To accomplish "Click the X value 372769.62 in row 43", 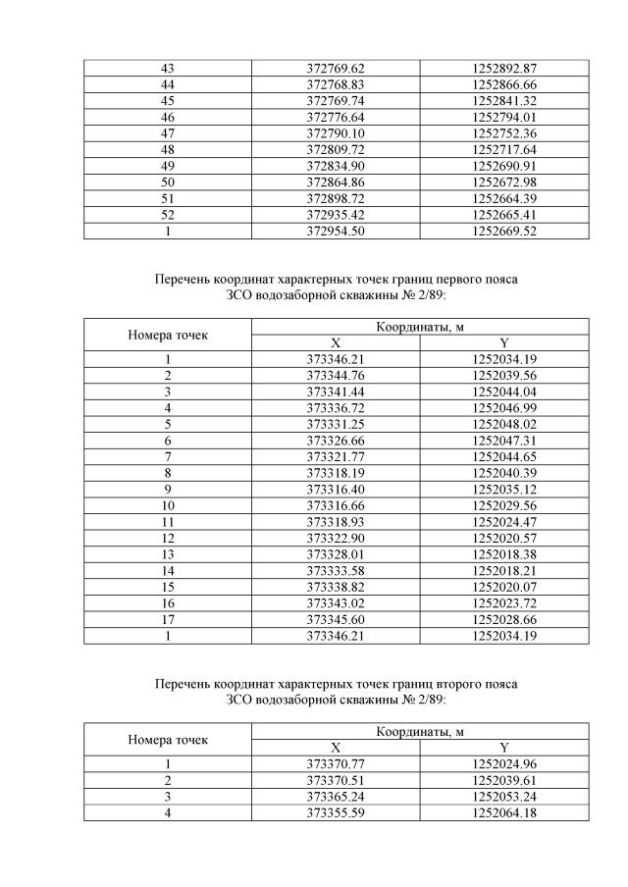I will tap(336, 68).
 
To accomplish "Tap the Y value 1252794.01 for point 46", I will tap(504, 117).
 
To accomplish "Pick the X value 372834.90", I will tap(336, 164).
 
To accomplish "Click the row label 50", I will tap(168, 183).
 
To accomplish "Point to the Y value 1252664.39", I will tap(504, 198).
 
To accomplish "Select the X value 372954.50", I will tap(336, 231).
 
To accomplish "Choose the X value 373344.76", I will tap(336, 375).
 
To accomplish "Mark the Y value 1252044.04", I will tap(504, 391).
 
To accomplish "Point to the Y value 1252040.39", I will tap(504, 471).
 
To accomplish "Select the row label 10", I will tap(168, 503).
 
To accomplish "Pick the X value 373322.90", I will tap(336, 535).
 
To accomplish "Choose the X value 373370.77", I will tap(336, 763).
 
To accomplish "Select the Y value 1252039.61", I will tap(504, 780).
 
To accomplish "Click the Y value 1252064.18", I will tap(504, 811).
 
